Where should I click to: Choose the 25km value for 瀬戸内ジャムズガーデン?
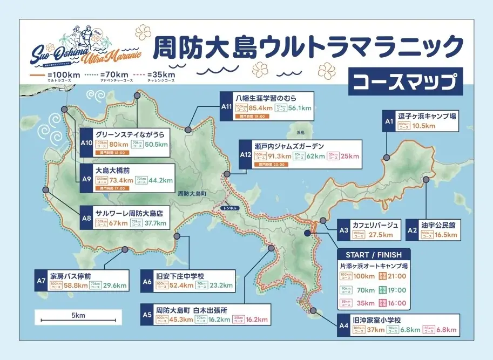(x=349, y=156)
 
